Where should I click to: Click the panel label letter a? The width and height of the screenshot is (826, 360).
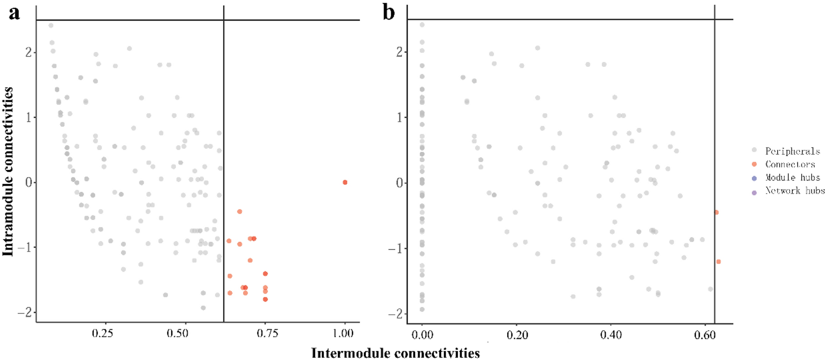pos(14,13)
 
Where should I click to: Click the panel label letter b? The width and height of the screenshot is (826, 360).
pos(388,13)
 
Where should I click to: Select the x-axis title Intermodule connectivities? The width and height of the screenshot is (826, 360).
pos(395,353)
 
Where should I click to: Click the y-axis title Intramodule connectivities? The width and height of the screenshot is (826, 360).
pos(8,171)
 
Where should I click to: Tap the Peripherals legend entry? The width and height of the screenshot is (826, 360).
pos(792,151)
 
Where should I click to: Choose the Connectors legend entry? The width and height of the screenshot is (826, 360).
pos(790,164)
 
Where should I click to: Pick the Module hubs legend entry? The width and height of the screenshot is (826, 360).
pos(792,177)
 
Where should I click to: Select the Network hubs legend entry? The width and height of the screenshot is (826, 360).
pos(794,191)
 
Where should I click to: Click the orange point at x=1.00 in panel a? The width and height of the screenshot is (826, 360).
pos(345,183)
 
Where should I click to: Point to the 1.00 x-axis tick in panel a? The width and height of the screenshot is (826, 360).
pos(343,333)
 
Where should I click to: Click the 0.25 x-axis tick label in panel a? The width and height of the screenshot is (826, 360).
pos(102,333)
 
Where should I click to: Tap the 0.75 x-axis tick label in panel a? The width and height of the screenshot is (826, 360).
pos(267,333)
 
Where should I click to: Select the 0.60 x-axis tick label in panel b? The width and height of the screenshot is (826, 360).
pos(705,335)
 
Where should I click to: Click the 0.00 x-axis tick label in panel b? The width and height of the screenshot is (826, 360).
pos(422,335)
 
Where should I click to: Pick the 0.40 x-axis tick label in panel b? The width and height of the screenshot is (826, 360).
pos(611,335)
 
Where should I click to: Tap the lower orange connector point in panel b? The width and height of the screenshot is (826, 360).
pos(718,262)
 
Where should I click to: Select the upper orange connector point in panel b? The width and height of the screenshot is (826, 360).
pos(716,212)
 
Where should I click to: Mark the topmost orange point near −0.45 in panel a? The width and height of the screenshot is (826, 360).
pos(239,212)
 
